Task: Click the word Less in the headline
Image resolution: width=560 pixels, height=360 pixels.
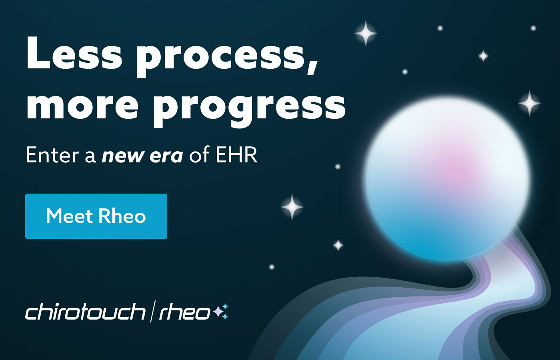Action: coord(74,54)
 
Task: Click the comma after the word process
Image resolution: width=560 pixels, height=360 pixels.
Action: coord(313,68)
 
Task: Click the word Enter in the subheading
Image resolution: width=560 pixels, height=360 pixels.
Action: coord(52,155)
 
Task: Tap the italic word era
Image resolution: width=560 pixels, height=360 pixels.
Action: coord(166,156)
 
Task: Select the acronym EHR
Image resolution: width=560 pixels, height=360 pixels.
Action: coord(236,155)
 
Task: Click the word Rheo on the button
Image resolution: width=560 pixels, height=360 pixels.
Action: coord(122,216)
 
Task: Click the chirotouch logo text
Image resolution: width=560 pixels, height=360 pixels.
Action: coord(85,312)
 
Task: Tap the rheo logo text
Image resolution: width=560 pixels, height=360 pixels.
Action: coord(184,312)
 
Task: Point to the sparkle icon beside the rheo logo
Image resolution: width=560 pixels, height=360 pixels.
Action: coord(221,312)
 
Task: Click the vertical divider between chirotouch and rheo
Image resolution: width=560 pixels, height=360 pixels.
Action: coord(152,312)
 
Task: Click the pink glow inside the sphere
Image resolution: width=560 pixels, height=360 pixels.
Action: coord(456,168)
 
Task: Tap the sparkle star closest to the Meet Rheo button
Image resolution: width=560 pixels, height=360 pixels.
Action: coord(292,207)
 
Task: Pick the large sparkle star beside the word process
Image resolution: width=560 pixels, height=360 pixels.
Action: coord(366,33)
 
